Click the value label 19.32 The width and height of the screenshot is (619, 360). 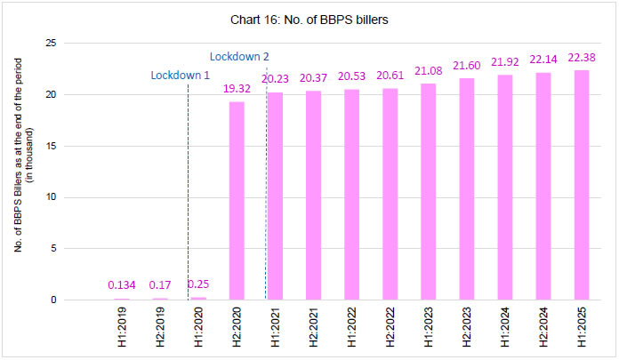[237, 91]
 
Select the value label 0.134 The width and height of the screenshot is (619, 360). [122, 284]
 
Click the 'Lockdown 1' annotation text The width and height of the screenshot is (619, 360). [179, 76]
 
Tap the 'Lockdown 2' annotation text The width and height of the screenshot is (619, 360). [240, 57]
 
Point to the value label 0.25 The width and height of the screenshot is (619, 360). [197, 284]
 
